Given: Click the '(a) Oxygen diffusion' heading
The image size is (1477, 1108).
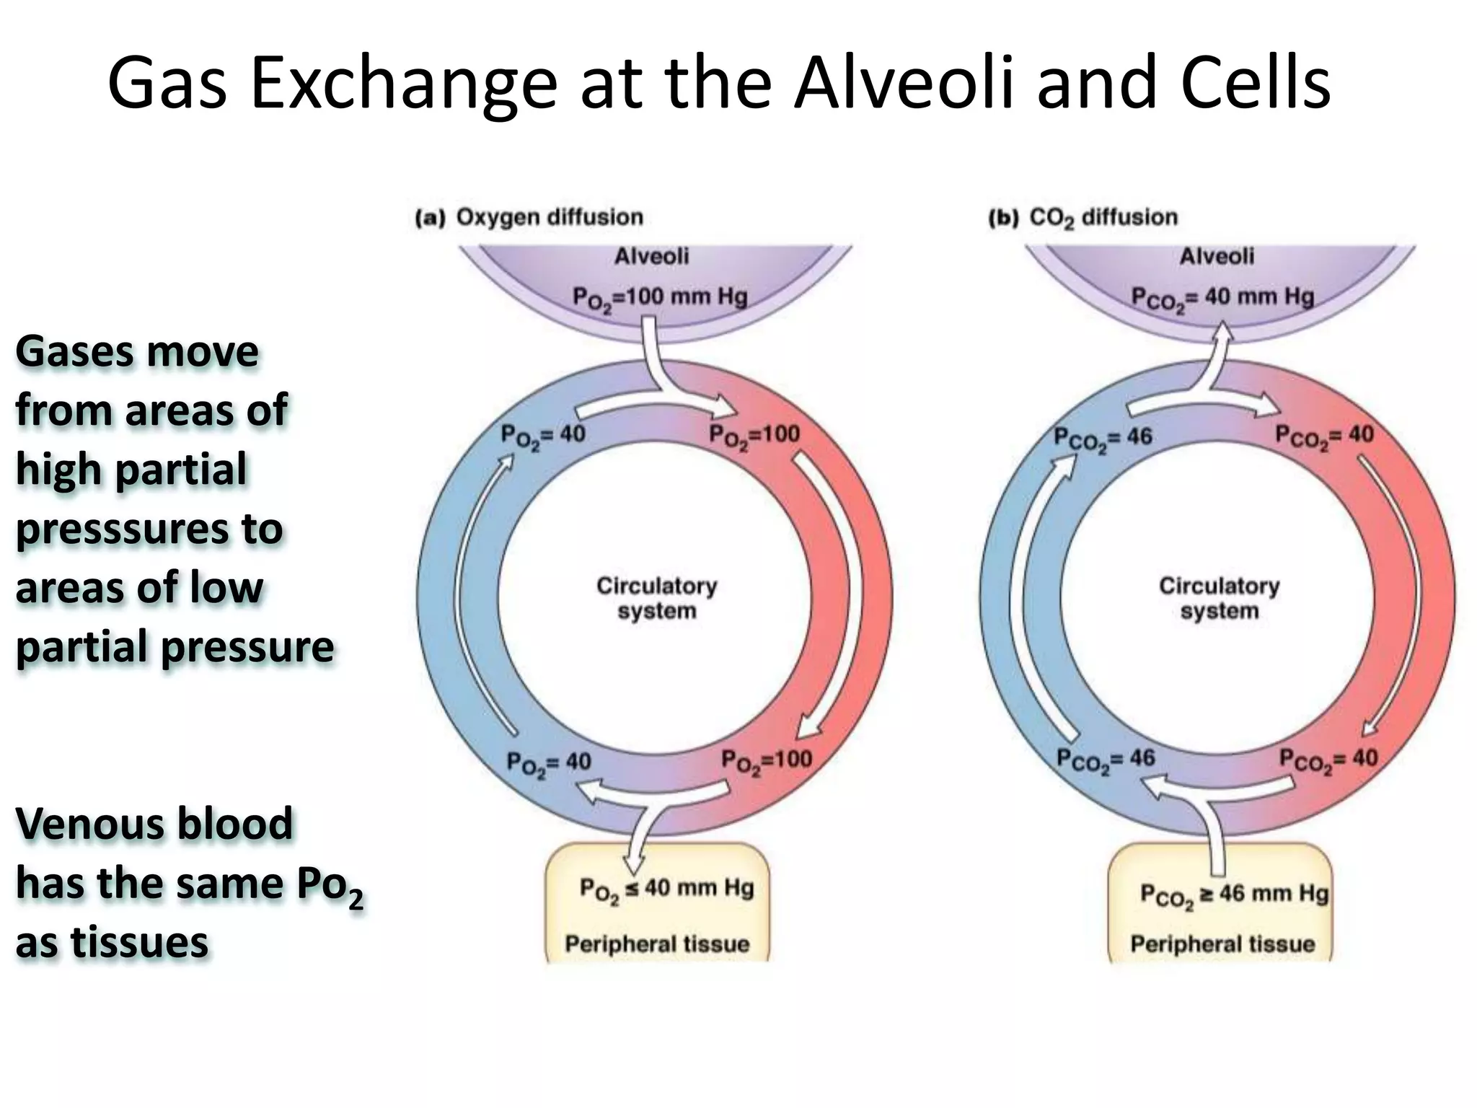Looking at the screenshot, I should pyautogui.click(x=529, y=217).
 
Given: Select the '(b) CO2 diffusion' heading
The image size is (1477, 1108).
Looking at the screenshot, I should pyautogui.click(x=1083, y=217).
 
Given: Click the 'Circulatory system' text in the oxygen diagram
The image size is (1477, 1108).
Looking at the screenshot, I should pyautogui.click(x=656, y=598).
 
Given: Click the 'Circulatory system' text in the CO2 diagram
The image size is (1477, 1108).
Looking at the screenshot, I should pyautogui.click(x=1219, y=598).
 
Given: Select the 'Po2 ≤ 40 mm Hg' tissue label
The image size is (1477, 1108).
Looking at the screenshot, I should pyautogui.click(x=666, y=889).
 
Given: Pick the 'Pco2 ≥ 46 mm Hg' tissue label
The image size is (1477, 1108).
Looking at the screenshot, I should pyautogui.click(x=1233, y=894).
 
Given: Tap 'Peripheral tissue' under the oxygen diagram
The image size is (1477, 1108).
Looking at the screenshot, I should pyautogui.click(x=657, y=944).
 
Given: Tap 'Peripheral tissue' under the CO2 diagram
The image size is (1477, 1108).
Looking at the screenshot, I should pyautogui.click(x=1222, y=944).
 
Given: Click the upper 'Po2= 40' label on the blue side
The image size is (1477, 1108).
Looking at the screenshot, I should pyautogui.click(x=542, y=435).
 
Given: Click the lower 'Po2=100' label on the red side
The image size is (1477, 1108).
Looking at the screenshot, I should pyautogui.click(x=766, y=760).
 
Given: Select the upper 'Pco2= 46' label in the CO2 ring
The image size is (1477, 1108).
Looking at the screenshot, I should pyautogui.click(x=1103, y=437).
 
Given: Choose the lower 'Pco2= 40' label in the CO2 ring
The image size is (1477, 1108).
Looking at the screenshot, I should pyautogui.click(x=1328, y=759).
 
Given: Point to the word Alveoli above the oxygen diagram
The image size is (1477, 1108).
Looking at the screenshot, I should pyautogui.click(x=651, y=256).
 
